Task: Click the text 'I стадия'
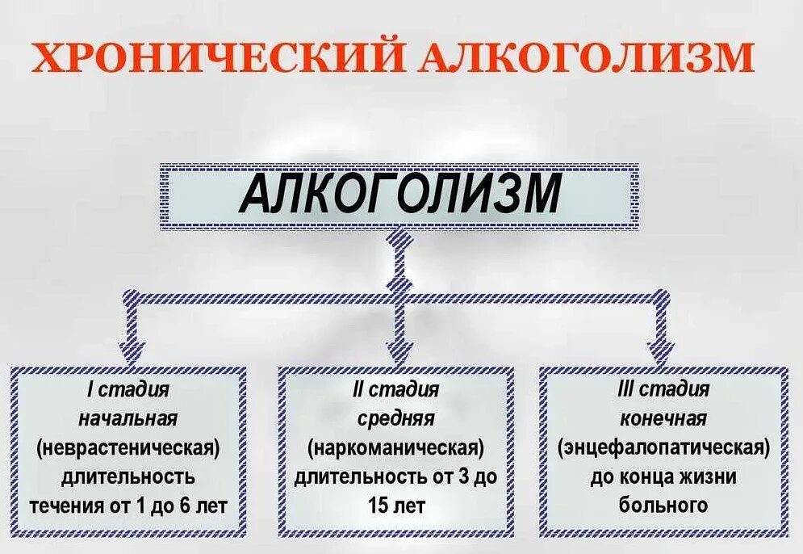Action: coord(128,390)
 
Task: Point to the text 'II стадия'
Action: coord(395,390)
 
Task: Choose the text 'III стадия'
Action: coord(663,390)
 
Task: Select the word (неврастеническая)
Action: coord(128,448)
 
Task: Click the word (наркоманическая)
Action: coord(395,448)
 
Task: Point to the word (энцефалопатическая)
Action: coord(663,448)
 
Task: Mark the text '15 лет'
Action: coord(395,506)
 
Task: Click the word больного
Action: coord(663,506)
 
